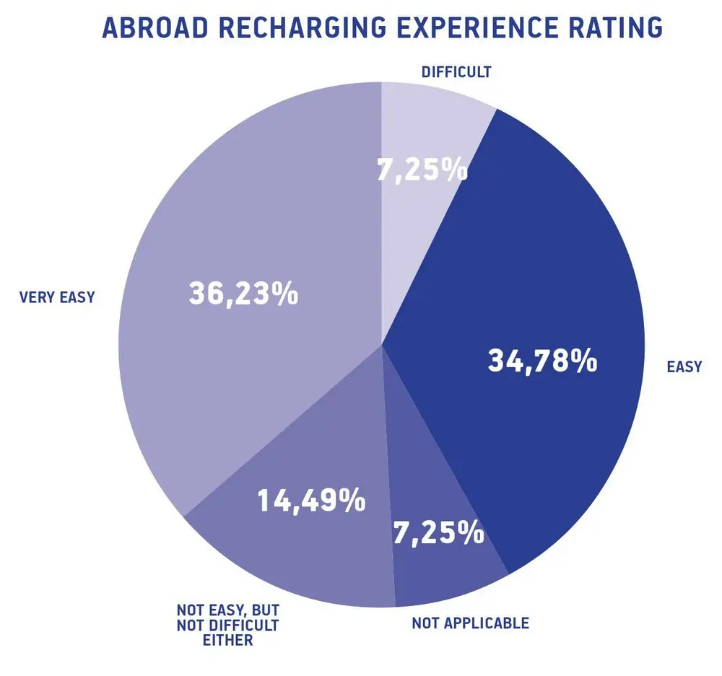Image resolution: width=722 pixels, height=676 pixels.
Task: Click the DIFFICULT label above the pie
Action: [x=456, y=71]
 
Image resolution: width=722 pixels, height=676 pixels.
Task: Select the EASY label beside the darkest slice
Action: [x=684, y=366]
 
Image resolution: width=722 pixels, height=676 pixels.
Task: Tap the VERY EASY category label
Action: [x=57, y=297]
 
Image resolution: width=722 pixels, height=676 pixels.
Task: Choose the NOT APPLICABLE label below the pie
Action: [x=470, y=623]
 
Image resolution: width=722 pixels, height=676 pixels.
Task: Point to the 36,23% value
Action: [x=243, y=294]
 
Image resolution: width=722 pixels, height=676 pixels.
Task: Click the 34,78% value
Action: [x=542, y=361]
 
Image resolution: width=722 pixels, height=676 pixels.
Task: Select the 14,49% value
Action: [x=311, y=501]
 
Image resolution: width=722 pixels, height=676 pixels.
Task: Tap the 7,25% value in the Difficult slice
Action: [x=422, y=171]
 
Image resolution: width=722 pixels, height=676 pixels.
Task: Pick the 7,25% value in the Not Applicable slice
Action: [x=438, y=533]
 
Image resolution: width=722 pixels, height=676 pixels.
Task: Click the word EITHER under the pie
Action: [x=228, y=640]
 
